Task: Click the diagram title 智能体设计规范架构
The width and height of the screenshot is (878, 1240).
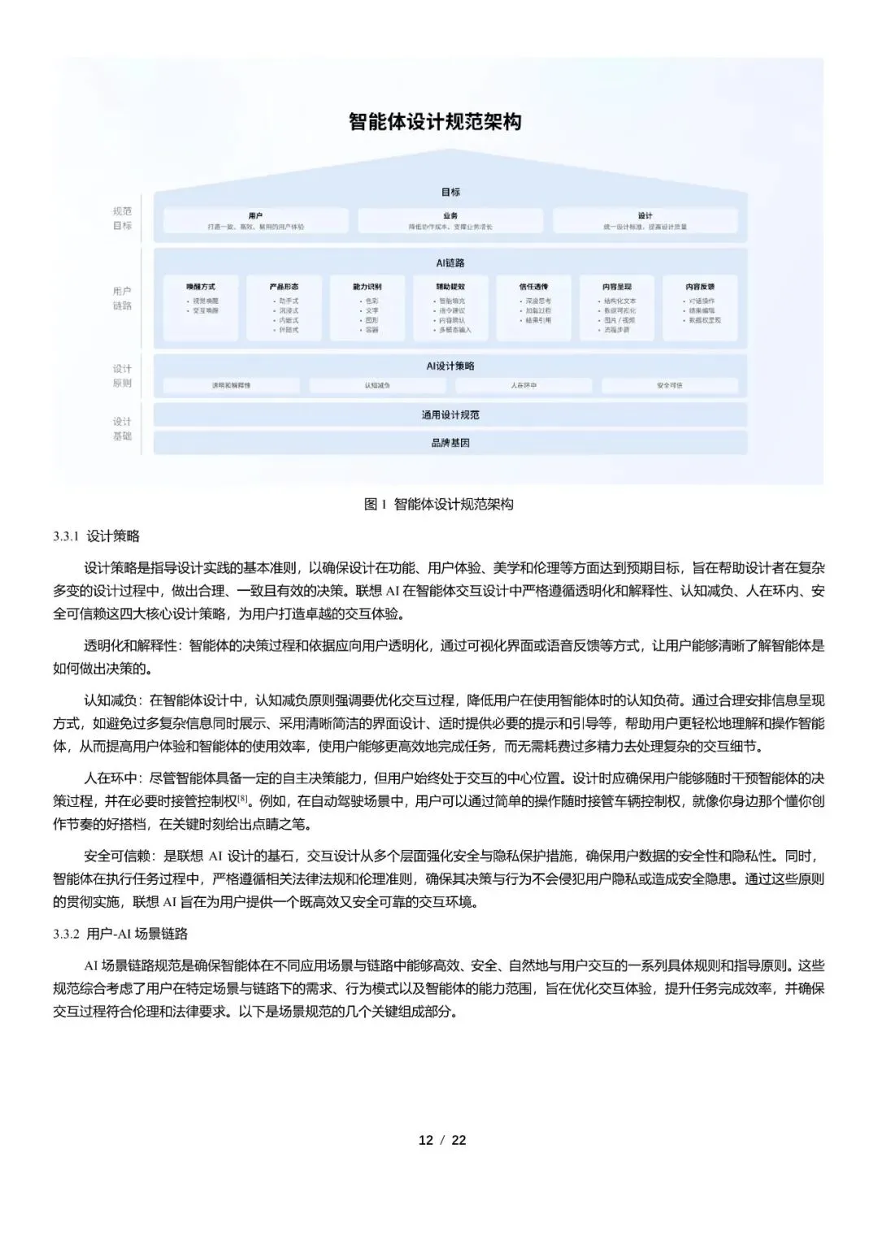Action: [x=435, y=123]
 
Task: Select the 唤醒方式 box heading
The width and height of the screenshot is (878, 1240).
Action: [x=201, y=287]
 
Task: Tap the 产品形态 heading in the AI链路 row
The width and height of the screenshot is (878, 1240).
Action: [x=284, y=287]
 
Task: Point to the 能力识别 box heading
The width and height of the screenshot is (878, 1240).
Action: [x=367, y=287]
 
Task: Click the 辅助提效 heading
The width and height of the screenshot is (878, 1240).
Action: [x=450, y=287]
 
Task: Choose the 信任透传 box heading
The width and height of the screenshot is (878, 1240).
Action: [x=533, y=287]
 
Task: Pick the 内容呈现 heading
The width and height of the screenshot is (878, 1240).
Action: [x=617, y=287]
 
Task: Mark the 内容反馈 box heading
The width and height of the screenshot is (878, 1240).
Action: [x=700, y=287]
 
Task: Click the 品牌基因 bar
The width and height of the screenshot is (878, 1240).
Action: [x=450, y=443]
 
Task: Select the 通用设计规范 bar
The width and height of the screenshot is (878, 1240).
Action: [x=450, y=415]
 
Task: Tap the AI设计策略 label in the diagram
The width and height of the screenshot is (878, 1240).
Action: [x=450, y=366]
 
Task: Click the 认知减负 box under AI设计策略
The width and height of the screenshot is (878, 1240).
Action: [x=377, y=385]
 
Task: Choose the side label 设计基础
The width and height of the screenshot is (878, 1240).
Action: [x=122, y=429]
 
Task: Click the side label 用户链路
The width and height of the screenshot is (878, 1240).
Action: [x=122, y=298]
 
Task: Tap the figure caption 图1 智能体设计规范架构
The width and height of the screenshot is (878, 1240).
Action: [x=439, y=505]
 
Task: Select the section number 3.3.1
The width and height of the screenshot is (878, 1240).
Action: [x=65, y=536]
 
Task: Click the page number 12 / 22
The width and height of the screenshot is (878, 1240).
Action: [x=442, y=1140]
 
